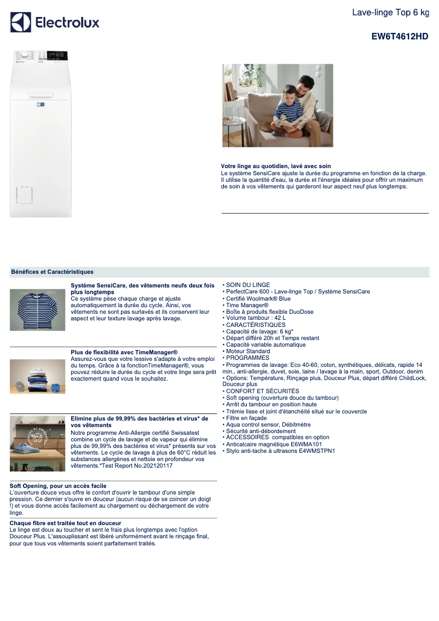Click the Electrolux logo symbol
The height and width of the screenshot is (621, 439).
(x=21, y=22)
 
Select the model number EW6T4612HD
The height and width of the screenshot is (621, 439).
(x=400, y=37)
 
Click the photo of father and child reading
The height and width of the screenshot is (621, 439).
(x=278, y=105)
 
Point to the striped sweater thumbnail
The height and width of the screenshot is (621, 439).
(x=37, y=310)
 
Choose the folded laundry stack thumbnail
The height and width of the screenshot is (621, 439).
(x=37, y=376)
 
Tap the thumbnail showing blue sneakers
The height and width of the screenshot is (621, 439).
(x=37, y=443)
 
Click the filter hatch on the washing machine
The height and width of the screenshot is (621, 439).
(x=23, y=194)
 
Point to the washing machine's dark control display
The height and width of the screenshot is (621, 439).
(x=57, y=55)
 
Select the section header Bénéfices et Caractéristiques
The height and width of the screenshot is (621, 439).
(x=52, y=272)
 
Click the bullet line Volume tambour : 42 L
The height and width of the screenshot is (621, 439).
(x=256, y=318)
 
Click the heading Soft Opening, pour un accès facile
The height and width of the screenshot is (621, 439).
(x=58, y=486)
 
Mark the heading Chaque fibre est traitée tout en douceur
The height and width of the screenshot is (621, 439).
(x=65, y=523)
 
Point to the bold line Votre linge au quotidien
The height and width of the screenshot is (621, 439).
(x=275, y=166)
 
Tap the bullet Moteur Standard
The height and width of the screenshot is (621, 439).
(x=248, y=351)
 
